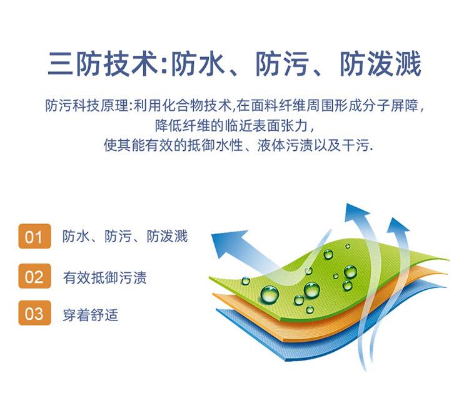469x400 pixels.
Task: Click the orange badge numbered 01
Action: pyautogui.click(x=34, y=236)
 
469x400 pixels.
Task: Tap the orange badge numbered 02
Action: pyautogui.click(x=34, y=276)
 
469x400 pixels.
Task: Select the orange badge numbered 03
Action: pyautogui.click(x=34, y=313)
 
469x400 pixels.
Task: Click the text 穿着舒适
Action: pyautogui.click(x=91, y=315)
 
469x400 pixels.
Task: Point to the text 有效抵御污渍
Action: pyautogui.click(x=104, y=277)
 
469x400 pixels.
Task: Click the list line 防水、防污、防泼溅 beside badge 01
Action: pyautogui.click(x=125, y=236)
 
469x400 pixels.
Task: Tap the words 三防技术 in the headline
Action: pyautogui.click(x=103, y=63)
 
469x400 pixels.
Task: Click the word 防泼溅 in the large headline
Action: pyautogui.click(x=381, y=63)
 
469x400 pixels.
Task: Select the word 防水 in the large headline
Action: pyautogui.click(x=198, y=63)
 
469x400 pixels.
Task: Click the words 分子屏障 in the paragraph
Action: pyautogui.click(x=390, y=105)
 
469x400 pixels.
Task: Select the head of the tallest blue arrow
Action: pyautogui.click(x=355, y=213)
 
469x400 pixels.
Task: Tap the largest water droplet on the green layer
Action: pyautogui.click(x=270, y=294)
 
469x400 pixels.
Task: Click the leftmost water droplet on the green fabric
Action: pyautogui.click(x=246, y=281)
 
